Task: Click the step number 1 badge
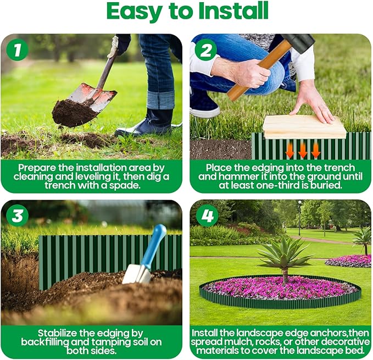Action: click(17, 51)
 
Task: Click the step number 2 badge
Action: click(207, 51)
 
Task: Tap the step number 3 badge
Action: click(17, 216)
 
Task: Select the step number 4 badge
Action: click(207, 216)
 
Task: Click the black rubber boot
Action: click(143, 122)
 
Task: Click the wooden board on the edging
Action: click(304, 127)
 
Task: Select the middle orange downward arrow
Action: click(302, 150)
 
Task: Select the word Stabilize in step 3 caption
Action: click(60, 333)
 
